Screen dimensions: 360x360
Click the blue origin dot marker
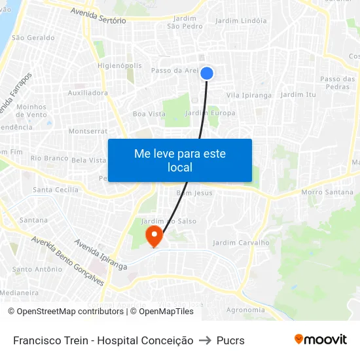(207, 73)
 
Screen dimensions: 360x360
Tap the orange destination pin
(154, 236)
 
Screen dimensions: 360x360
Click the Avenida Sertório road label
(98, 16)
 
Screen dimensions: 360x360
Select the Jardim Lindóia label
(241, 21)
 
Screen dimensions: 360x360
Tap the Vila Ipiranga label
(249, 96)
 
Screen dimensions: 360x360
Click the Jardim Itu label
(298, 95)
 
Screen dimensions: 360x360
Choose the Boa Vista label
(149, 114)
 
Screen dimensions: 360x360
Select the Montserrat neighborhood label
(88, 131)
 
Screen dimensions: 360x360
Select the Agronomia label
(245, 310)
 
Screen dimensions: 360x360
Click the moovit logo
(320, 339)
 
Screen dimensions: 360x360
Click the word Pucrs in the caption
(230, 340)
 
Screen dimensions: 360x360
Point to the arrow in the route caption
(205, 340)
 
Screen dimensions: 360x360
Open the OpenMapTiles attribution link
(166, 312)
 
